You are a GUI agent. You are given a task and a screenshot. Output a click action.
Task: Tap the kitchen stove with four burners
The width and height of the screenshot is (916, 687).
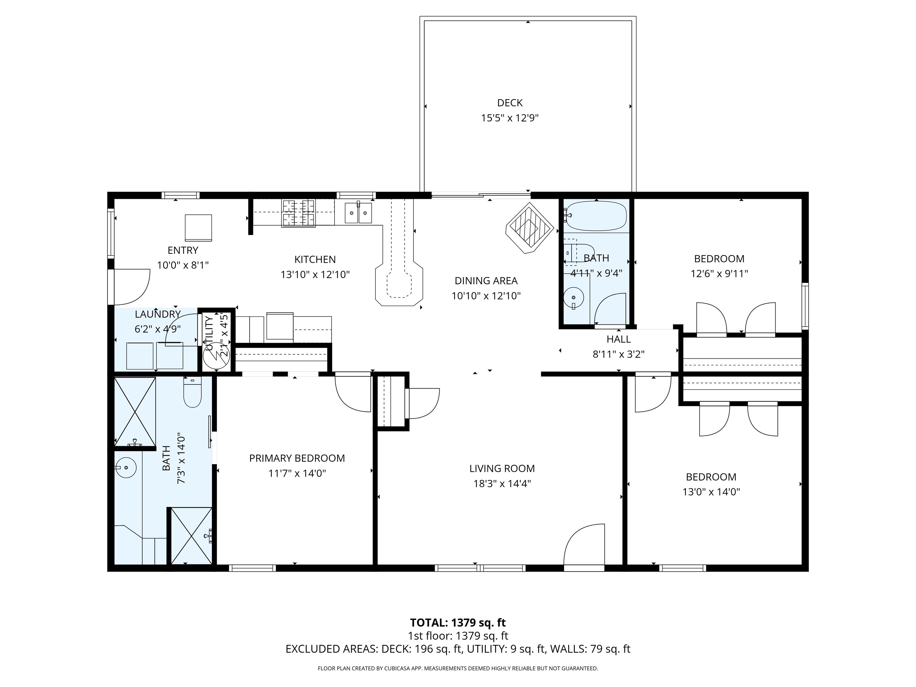point(298,213)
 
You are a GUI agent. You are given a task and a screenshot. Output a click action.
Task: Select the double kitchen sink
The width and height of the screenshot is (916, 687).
point(358,213)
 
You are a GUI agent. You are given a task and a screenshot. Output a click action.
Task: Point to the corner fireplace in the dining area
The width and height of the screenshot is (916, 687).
point(529,228)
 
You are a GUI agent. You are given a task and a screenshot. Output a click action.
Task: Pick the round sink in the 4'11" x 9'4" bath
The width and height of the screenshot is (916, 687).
point(573,297)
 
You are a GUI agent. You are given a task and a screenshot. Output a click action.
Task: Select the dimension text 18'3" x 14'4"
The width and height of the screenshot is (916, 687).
point(502,483)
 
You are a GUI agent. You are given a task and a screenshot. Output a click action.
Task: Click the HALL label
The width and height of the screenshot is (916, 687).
point(618,339)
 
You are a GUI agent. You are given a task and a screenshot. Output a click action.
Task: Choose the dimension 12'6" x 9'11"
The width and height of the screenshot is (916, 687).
point(719,274)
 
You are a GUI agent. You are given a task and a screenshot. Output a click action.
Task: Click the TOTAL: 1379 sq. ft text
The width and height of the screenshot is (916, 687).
point(458,622)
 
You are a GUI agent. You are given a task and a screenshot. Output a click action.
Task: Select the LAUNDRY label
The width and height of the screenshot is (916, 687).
point(157,314)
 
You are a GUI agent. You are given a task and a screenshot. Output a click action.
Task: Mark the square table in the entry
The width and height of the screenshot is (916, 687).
point(198,227)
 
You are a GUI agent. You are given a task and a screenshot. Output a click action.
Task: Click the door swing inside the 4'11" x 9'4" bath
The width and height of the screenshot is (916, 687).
point(610,309)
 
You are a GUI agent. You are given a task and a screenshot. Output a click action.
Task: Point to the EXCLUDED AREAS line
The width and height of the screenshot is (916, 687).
point(458,649)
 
